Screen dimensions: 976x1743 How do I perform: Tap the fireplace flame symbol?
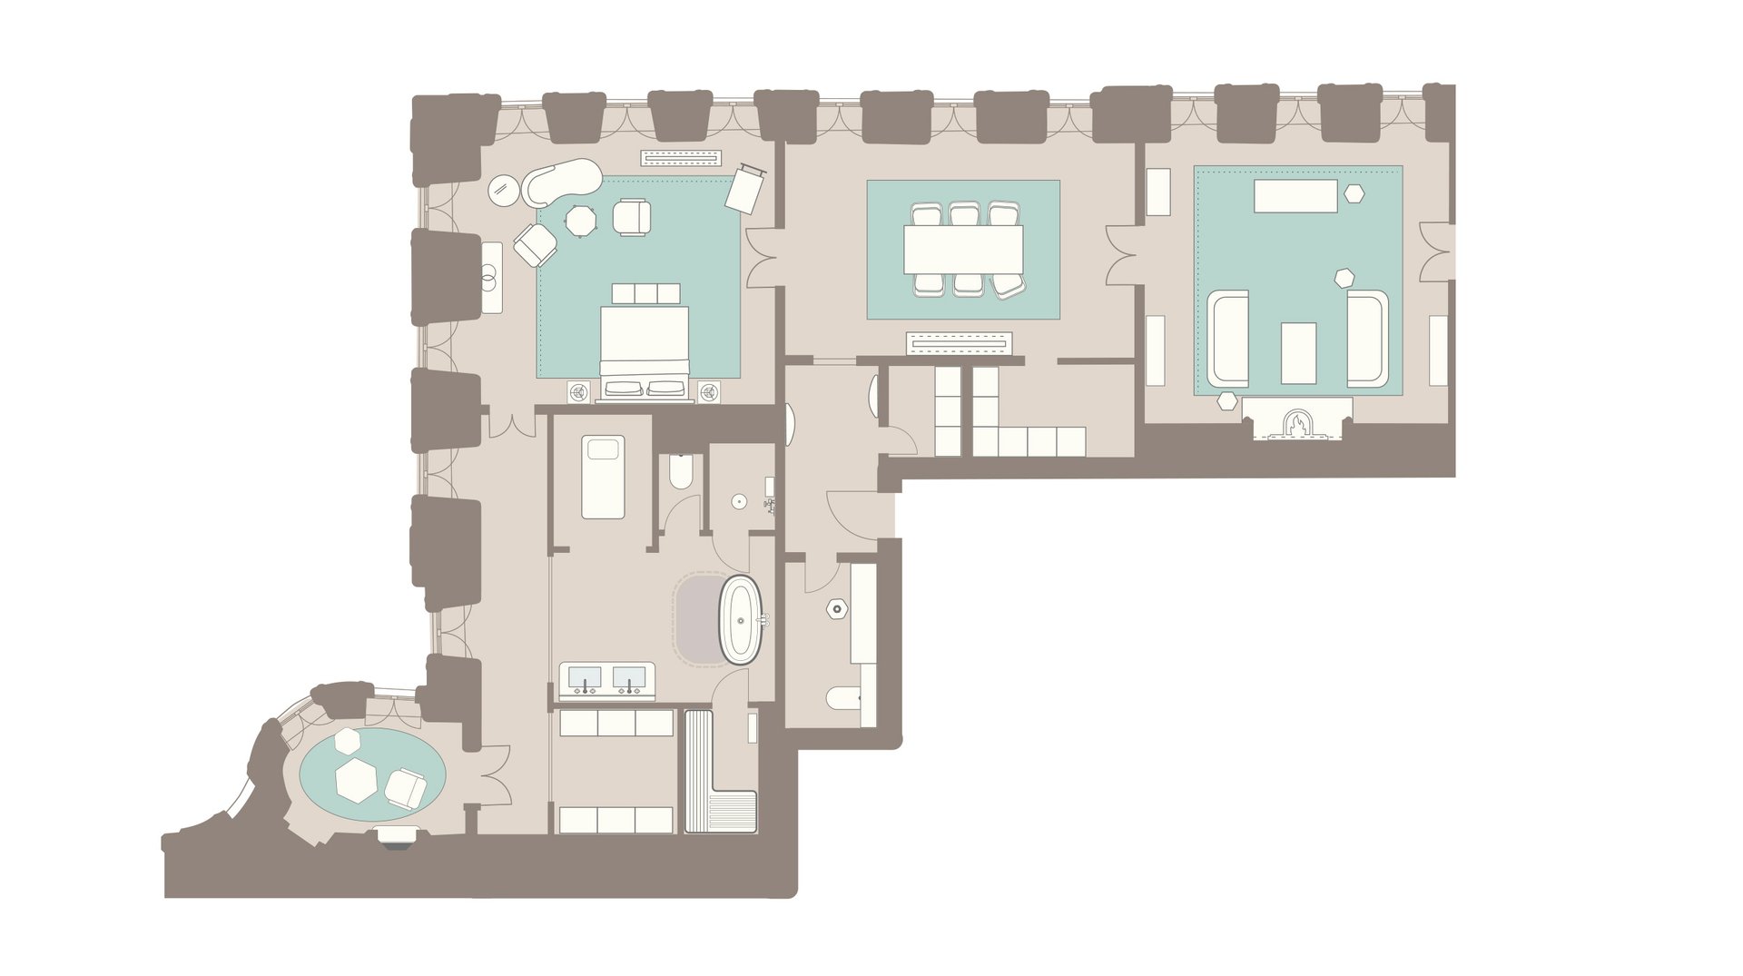pyautogui.click(x=1297, y=424)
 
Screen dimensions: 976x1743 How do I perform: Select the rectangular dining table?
pyautogui.click(x=963, y=249)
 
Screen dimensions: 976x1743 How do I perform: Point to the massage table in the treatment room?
pyautogui.click(x=603, y=478)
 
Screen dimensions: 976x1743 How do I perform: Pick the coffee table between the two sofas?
pyautogui.click(x=1298, y=352)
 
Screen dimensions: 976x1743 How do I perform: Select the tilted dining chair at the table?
pyautogui.click(x=1009, y=287)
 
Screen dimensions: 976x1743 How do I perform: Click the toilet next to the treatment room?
pyautogui.click(x=681, y=471)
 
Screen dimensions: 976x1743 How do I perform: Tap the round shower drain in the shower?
pyautogui.click(x=739, y=501)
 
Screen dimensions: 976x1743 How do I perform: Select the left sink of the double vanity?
pyautogui.click(x=585, y=677)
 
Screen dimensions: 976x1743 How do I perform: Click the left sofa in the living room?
pyautogui.click(x=1229, y=338)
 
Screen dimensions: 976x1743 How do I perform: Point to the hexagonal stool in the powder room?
pyautogui.click(x=836, y=609)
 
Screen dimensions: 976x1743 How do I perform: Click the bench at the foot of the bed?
pyautogui.click(x=645, y=293)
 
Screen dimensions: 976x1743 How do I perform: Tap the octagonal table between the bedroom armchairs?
pyautogui.click(x=579, y=221)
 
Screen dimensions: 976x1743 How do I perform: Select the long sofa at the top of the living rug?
pyautogui.click(x=1295, y=196)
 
